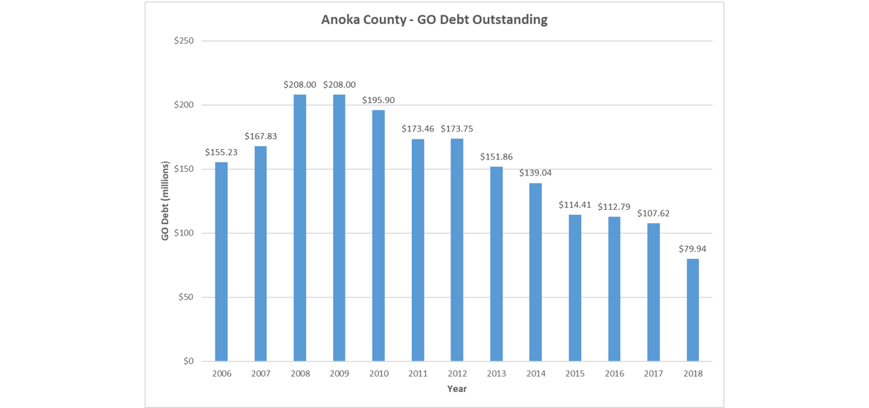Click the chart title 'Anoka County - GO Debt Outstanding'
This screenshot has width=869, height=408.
tap(434, 20)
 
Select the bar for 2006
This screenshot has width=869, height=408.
tap(221, 261)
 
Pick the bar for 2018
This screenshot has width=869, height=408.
tap(692, 310)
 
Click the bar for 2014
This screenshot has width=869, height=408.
tap(535, 272)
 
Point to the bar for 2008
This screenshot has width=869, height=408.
tap(299, 227)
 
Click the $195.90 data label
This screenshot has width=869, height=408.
tap(378, 100)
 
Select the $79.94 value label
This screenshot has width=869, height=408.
tap(692, 249)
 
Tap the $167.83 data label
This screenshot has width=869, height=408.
tap(261, 136)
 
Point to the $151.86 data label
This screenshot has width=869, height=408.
tap(496, 156)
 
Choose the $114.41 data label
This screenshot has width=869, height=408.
tap(575, 205)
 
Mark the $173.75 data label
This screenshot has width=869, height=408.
tap(457, 129)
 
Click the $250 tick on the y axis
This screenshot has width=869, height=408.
tap(183, 41)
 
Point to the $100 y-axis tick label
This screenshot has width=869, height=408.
tap(183, 233)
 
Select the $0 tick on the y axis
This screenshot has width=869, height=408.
tap(188, 361)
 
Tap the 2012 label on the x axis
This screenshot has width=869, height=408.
tap(457, 374)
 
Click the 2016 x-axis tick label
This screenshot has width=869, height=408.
tap(614, 374)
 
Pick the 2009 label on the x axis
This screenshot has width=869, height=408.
tap(339, 374)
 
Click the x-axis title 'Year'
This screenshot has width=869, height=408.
tap(456, 389)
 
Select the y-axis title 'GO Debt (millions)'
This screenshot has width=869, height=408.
tap(165, 201)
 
